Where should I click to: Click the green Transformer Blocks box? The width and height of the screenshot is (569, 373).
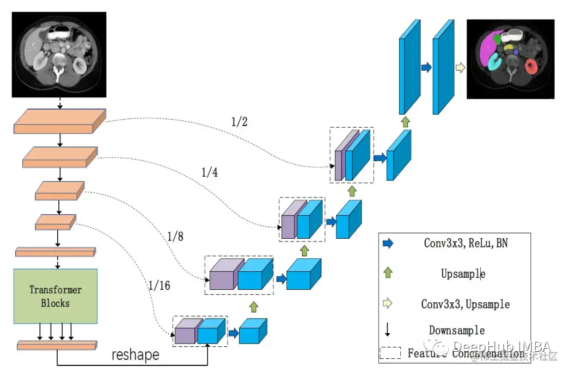point(56,296)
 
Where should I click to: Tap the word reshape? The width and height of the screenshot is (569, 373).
point(136,355)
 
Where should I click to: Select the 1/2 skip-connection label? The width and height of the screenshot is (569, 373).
point(240,122)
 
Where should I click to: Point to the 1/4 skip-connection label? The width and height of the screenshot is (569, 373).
point(210,173)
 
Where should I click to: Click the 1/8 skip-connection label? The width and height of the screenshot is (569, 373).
point(176,237)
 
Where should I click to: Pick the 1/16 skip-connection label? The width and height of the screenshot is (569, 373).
point(158,284)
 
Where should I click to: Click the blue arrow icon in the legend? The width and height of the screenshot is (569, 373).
point(388,244)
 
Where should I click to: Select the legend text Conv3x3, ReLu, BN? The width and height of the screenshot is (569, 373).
point(466,243)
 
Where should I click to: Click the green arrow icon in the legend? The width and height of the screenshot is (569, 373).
point(388,273)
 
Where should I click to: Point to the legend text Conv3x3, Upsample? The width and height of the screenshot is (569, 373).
point(466,303)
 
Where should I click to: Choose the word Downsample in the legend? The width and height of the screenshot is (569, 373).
point(457,330)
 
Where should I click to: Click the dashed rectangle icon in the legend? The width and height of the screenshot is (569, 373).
point(390,353)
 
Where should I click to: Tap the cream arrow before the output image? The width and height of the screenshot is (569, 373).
point(460,67)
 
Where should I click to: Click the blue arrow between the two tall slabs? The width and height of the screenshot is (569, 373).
point(426,67)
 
